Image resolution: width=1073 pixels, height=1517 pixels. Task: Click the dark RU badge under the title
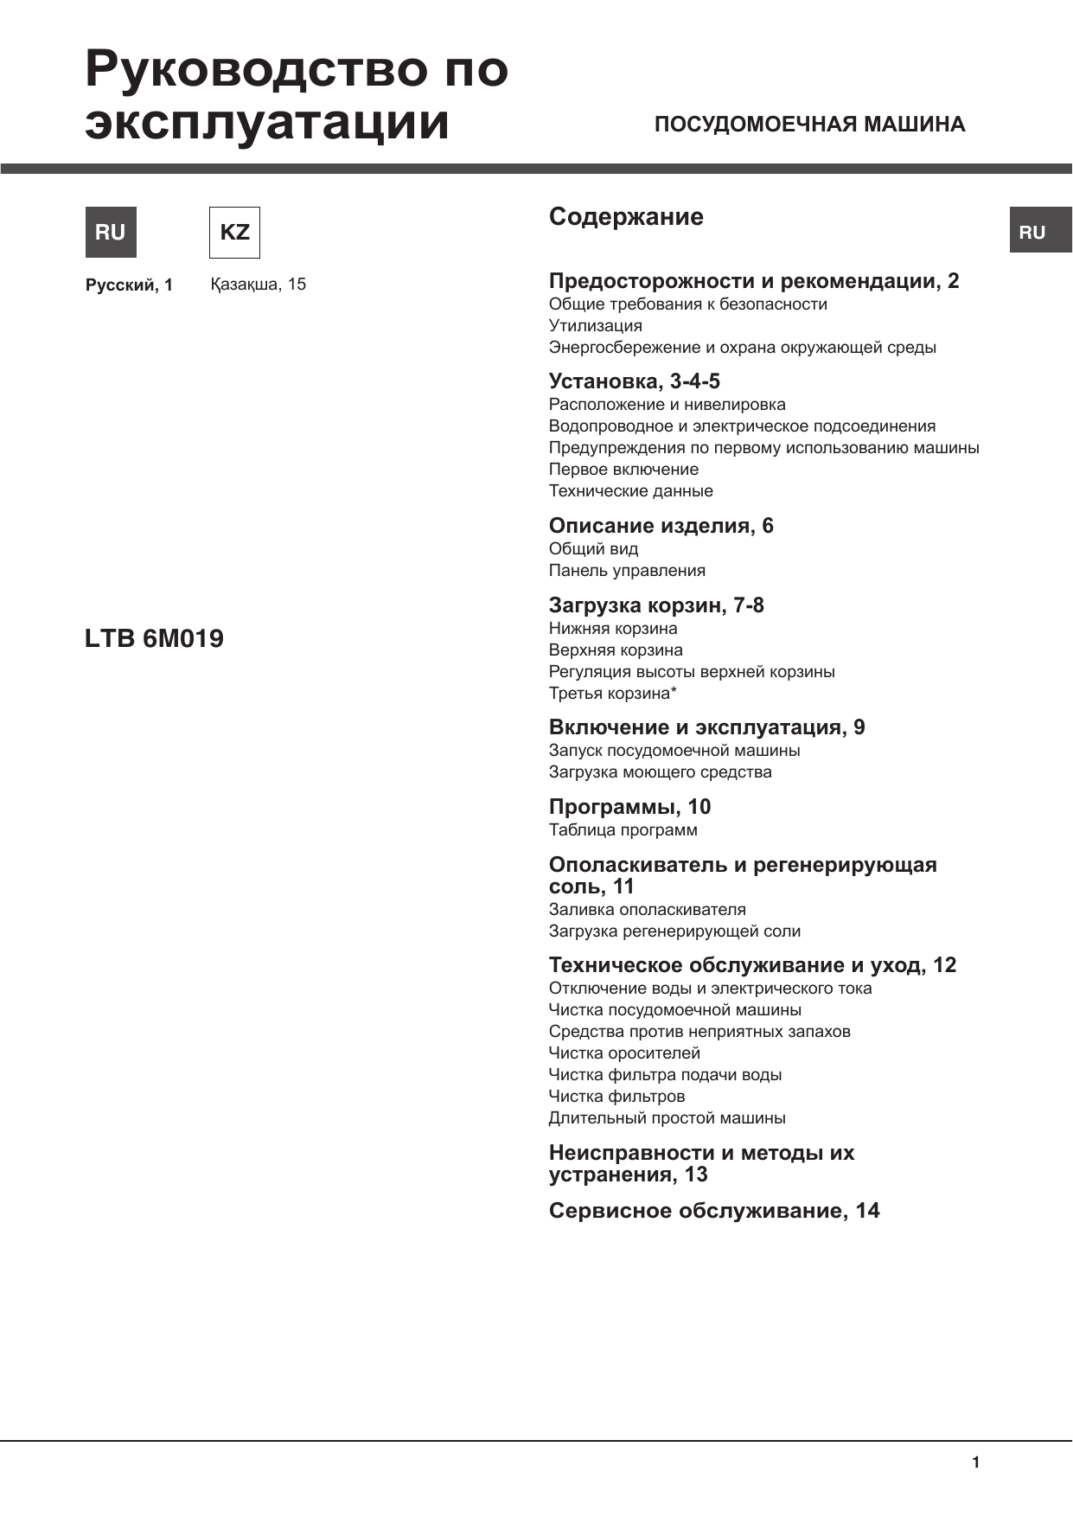coord(111,232)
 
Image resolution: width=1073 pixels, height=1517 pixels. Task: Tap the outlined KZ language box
coord(234,232)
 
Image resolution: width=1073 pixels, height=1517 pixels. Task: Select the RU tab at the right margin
coord(1039,231)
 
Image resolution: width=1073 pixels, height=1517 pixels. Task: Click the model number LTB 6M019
coord(154,638)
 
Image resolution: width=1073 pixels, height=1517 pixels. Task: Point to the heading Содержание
coord(626,216)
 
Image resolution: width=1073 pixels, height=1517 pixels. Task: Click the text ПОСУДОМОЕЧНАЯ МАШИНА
coord(809,125)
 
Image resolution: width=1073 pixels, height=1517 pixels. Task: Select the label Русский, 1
coord(129,285)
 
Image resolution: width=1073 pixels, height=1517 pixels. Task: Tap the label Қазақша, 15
coord(258,285)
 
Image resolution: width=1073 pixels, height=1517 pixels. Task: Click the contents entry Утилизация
coord(595,326)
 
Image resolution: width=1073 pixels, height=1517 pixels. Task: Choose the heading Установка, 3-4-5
coord(634,381)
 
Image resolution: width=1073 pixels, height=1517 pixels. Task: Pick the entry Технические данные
coord(630,491)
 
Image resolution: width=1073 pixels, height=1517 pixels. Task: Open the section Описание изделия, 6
coord(661,526)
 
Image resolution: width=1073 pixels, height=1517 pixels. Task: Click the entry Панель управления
coord(627,571)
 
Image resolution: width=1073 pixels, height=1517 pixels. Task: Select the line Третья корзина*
coord(612,694)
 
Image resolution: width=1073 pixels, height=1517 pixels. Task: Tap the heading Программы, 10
coord(629,807)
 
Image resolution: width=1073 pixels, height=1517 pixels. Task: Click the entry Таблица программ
coord(623,830)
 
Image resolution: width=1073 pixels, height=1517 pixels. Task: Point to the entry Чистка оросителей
coord(624,1053)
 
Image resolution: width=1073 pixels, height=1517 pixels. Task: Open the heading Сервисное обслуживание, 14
coord(714,1211)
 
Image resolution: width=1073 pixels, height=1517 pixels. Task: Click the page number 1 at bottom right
coord(976,1463)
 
